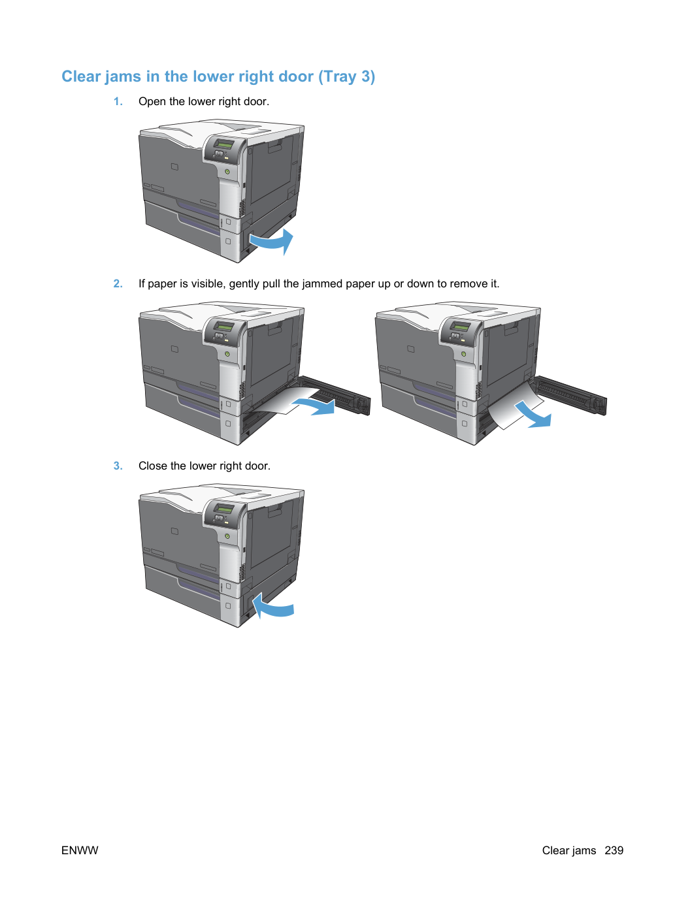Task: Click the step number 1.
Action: (118, 101)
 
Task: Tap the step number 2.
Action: (118, 283)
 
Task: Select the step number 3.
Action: (118, 466)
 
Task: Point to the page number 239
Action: (614, 850)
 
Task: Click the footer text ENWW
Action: (80, 850)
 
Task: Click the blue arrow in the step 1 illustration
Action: (272, 242)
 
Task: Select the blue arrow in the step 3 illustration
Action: (272, 606)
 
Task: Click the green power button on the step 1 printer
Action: (227, 171)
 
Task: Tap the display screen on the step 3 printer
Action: (225, 509)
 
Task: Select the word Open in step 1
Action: (151, 101)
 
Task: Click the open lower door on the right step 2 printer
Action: (570, 394)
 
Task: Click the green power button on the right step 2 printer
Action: (463, 354)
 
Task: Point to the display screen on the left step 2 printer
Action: (225, 327)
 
